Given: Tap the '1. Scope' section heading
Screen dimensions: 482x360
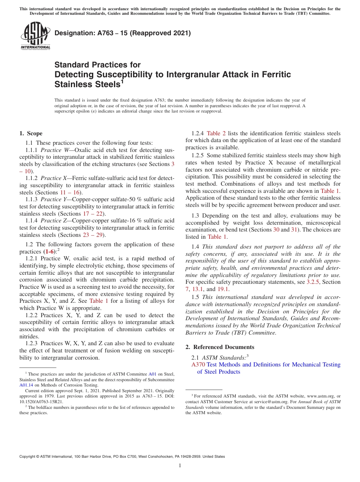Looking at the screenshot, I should point(31,133).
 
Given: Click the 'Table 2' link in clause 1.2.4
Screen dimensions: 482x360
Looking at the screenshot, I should point(216,133).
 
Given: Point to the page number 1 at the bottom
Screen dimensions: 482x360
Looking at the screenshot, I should point(180,465).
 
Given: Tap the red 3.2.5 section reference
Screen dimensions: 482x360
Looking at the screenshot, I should point(313,282).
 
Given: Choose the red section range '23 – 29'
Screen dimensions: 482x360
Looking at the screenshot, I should point(94,235).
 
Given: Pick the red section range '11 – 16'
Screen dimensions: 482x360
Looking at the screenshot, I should point(73,192).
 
